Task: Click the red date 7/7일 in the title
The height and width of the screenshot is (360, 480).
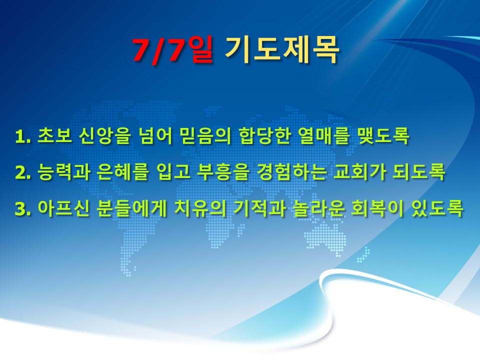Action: point(172,50)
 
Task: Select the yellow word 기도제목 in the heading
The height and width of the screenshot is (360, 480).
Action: point(281,50)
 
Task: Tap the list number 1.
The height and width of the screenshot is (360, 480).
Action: point(23,136)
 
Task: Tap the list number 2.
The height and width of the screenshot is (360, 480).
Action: point(23,173)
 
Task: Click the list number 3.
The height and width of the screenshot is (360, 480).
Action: point(23,209)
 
